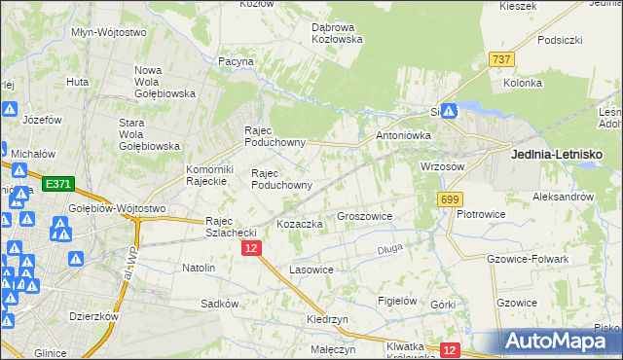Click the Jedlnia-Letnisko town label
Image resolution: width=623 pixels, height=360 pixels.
tap(557, 154)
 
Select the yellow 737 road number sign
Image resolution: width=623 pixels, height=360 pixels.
tap(502, 59)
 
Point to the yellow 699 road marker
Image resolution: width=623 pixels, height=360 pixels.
tap(449, 198)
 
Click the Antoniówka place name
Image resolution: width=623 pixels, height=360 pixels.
tap(401, 135)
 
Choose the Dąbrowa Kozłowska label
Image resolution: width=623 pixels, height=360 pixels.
tap(337, 33)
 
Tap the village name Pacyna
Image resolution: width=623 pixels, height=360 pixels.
tap(237, 61)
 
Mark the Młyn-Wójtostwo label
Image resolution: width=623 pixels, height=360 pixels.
tap(109, 32)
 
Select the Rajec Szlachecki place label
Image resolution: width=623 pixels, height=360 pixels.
tap(230, 227)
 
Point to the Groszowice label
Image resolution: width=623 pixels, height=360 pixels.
tap(364, 216)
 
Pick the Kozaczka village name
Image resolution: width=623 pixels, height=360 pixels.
tap(300, 224)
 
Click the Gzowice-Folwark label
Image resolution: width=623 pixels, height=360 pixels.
tap(526, 259)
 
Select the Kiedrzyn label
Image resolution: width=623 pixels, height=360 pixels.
tap(327, 319)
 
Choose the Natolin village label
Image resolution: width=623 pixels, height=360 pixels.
tap(199, 267)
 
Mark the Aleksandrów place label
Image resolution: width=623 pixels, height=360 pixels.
tap(563, 196)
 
